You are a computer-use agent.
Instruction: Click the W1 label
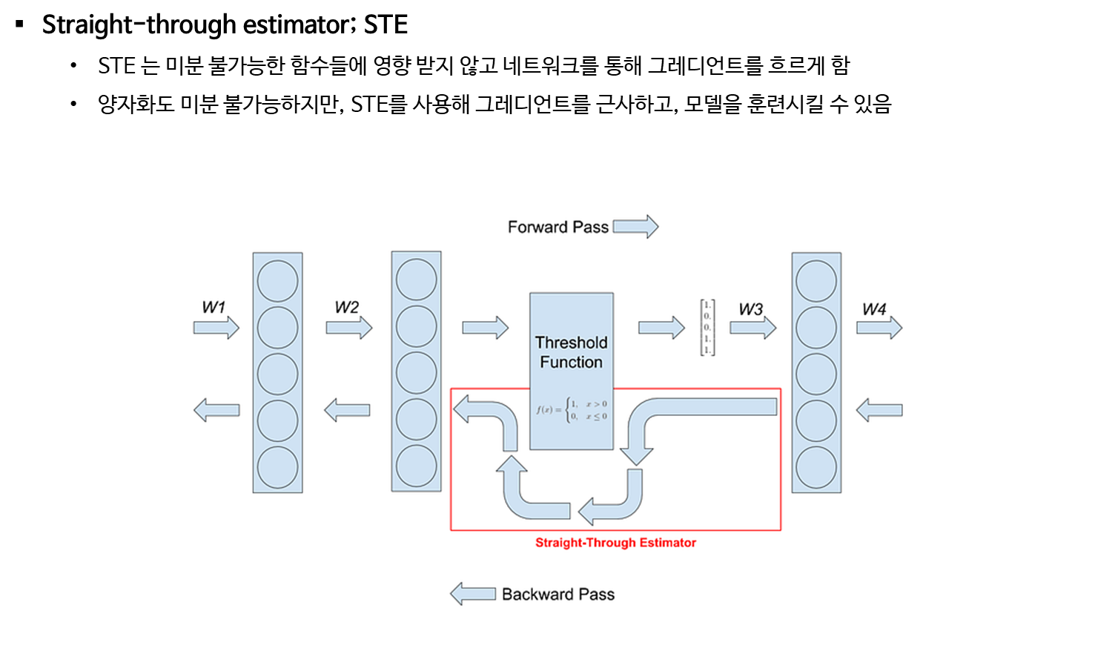click(213, 307)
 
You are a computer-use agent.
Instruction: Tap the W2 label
click(346, 307)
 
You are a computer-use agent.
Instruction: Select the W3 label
click(750, 309)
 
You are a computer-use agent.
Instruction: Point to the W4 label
click(874, 309)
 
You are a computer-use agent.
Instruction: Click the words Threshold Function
click(571, 352)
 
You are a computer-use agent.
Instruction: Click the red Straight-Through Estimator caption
click(615, 543)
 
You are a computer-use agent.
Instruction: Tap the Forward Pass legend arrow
click(635, 227)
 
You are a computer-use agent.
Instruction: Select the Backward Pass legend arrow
click(473, 594)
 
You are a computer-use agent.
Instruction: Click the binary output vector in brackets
click(707, 327)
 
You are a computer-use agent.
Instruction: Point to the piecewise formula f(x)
click(571, 409)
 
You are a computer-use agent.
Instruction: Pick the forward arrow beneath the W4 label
click(879, 327)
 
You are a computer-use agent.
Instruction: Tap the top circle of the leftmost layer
click(277, 281)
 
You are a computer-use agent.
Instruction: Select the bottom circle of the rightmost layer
click(816, 467)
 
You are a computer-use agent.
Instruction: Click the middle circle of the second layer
click(416, 372)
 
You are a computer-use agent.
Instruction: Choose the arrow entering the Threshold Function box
click(485, 327)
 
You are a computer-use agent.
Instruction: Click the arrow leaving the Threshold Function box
click(661, 327)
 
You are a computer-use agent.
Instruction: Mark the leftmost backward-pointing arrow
click(216, 410)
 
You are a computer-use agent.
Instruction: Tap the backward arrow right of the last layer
click(879, 410)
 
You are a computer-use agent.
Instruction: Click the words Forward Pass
click(558, 227)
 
